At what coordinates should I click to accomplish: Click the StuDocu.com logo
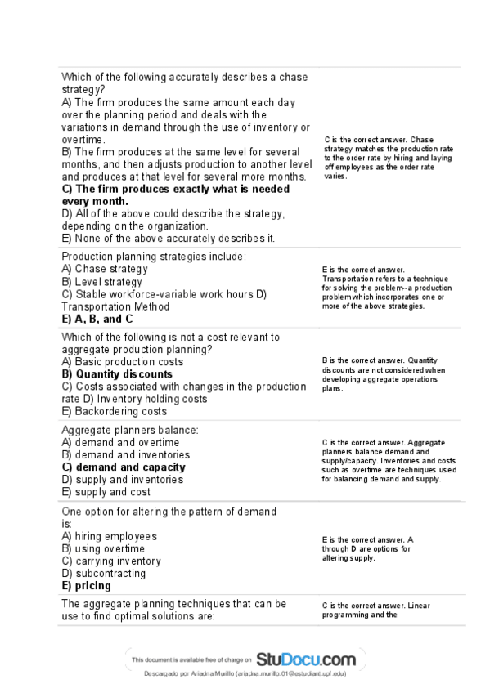306,658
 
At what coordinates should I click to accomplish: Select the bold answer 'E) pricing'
87,585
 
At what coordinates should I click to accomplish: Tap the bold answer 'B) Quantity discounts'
117,374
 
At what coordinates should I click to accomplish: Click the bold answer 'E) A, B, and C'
97,319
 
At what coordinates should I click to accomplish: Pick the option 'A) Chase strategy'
105,269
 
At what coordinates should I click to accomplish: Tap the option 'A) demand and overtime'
120,442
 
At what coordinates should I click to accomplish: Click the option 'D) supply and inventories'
123,480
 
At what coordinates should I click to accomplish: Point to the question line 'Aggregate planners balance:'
130,430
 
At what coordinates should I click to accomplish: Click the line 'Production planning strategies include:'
154,257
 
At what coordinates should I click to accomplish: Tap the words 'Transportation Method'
115,306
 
